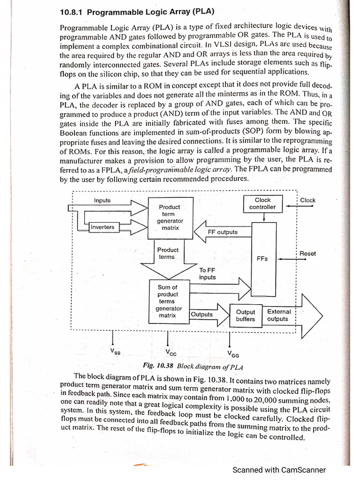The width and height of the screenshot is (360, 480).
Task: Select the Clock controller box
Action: click(x=262, y=203)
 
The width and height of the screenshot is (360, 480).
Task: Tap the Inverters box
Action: click(x=103, y=227)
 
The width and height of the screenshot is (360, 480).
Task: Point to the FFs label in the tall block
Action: click(x=262, y=259)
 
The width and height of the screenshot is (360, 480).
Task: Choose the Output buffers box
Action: click(x=245, y=315)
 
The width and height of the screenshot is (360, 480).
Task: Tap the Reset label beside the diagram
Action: click(x=307, y=254)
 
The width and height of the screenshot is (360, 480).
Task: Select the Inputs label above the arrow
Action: click(x=102, y=201)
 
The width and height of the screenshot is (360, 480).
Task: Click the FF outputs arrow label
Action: click(x=223, y=232)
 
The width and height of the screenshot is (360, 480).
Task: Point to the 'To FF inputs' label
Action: click(x=207, y=274)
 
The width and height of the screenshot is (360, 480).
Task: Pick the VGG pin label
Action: click(x=232, y=353)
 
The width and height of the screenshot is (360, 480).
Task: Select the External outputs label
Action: click(x=278, y=315)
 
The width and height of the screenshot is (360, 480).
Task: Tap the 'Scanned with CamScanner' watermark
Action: click(x=279, y=470)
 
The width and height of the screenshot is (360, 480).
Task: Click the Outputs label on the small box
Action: click(x=202, y=315)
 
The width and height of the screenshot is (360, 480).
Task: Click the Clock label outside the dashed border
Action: click(x=307, y=200)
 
